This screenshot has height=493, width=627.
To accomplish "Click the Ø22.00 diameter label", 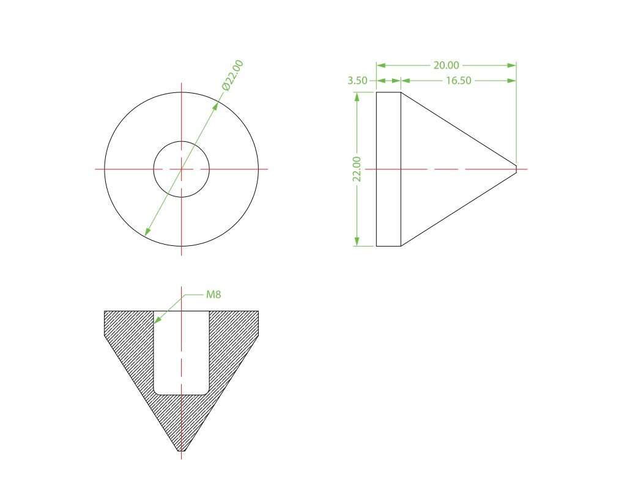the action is [232, 76].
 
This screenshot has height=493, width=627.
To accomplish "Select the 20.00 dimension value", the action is [447, 65].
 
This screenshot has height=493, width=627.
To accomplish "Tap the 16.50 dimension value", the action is [459, 80].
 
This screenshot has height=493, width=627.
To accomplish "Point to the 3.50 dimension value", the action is [357, 80].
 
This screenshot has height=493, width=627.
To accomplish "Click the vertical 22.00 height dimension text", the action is [357, 169].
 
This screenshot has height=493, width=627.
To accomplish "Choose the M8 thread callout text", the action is [213, 295].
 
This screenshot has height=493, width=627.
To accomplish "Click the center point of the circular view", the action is [182, 169].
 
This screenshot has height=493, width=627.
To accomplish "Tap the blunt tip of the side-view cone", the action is [516, 169].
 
